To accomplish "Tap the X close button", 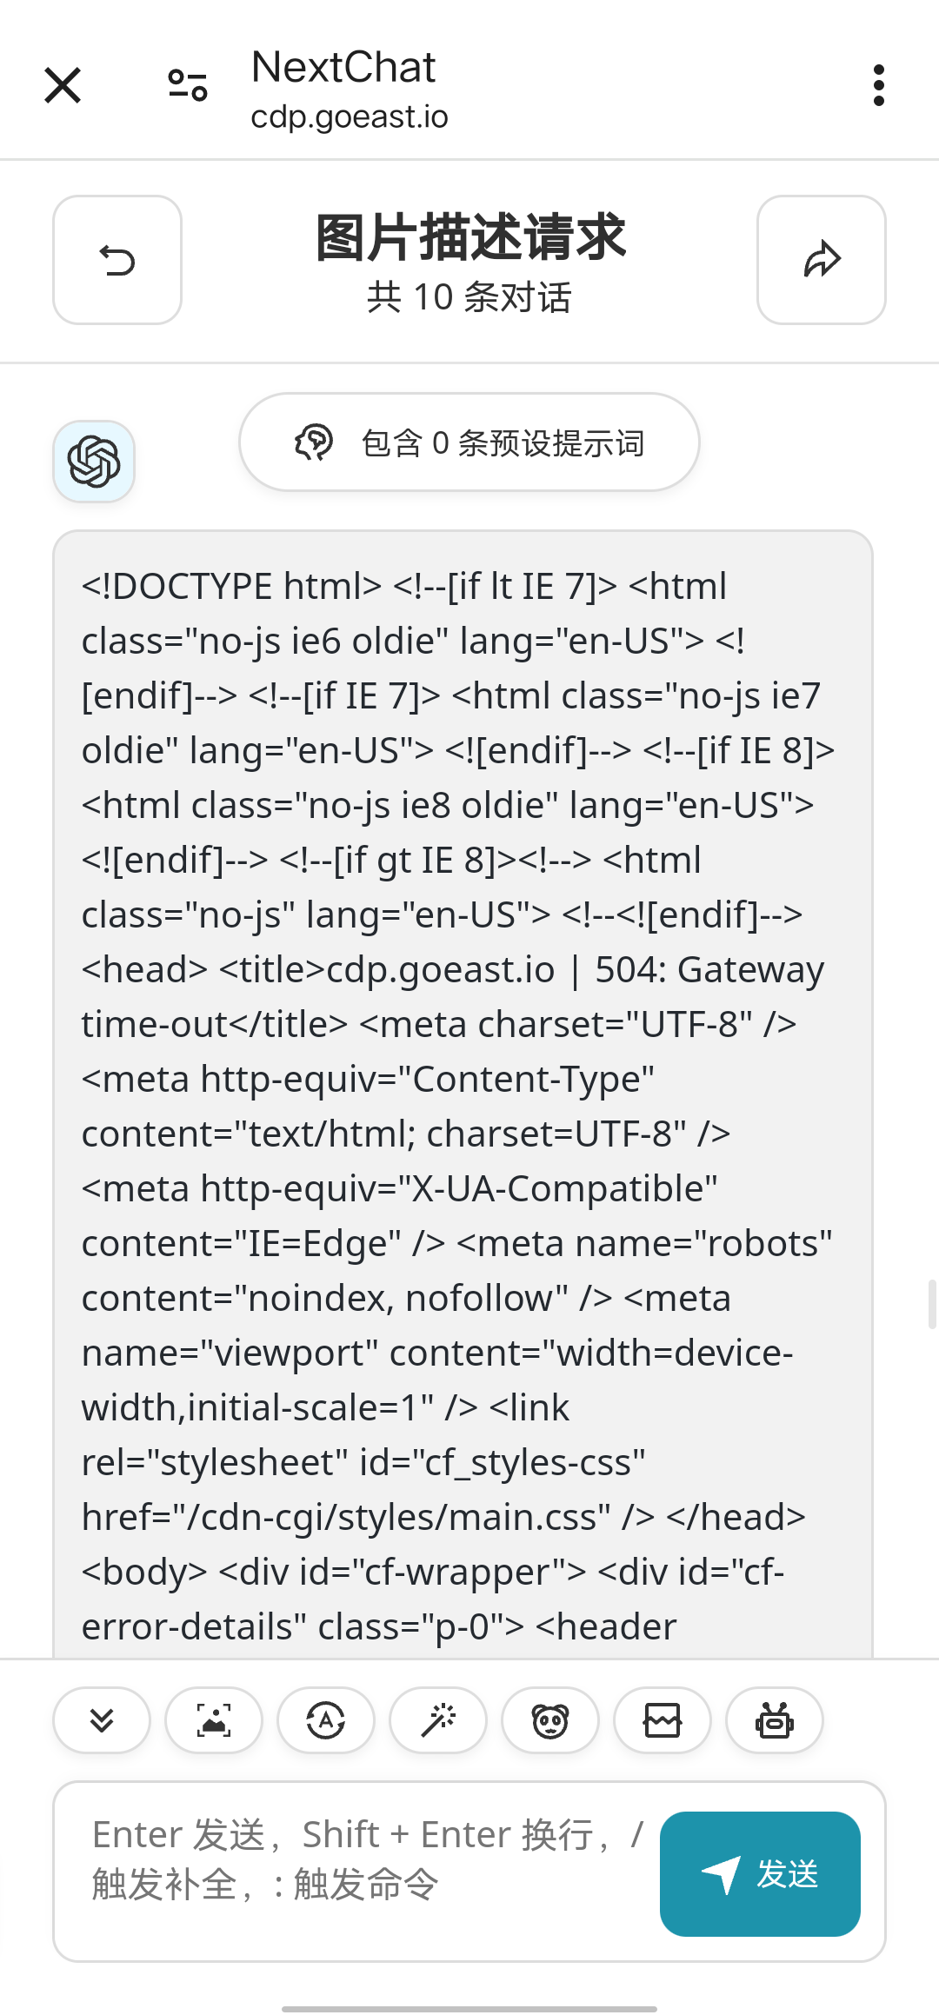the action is point(63,85).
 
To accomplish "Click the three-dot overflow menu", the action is point(879,85).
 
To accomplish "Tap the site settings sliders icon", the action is point(188,85).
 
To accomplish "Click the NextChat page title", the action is point(343,67).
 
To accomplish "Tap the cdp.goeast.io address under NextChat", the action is point(350,116).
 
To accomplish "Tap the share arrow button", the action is point(822,260).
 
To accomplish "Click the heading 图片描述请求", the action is point(469,236).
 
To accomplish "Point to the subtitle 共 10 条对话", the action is point(469,297).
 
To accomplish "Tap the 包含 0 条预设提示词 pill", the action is point(469,442).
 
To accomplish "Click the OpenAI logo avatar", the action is point(94,462).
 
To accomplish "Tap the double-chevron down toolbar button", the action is point(102,1720).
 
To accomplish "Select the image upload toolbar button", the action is point(214,1720).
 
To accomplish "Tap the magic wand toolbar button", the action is point(438,1720).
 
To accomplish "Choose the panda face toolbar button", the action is point(550,1720).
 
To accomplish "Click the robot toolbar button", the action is point(775,1720).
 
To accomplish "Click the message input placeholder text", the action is point(368,1859).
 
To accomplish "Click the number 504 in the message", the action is point(624,969).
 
